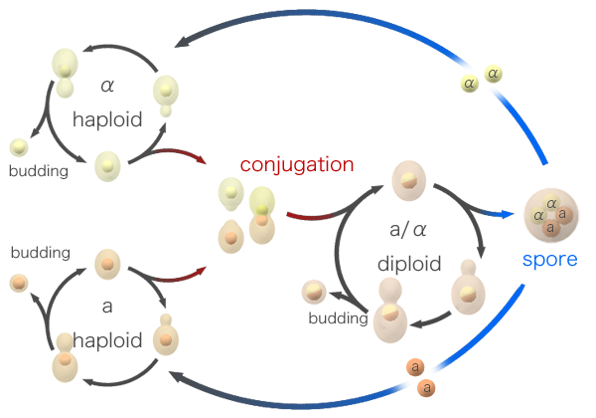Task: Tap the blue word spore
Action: click(x=549, y=261)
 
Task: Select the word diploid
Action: click(x=409, y=265)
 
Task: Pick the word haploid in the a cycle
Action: click(x=106, y=339)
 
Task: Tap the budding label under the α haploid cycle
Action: click(x=38, y=170)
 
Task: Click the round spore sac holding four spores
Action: click(x=549, y=213)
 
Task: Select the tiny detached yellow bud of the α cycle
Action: click(x=19, y=147)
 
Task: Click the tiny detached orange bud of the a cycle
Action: click(x=18, y=284)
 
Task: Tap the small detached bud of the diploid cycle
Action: click(x=313, y=291)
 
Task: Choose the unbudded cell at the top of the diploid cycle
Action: click(x=408, y=180)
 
